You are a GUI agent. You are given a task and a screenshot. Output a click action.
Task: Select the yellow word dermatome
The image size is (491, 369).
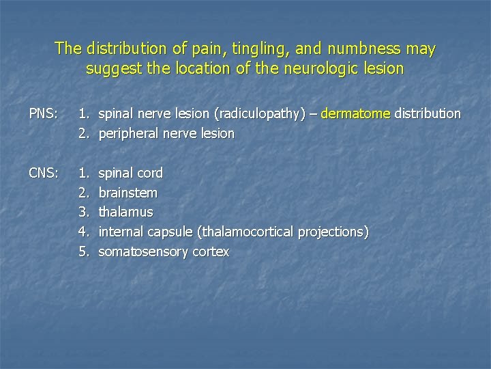[355, 113]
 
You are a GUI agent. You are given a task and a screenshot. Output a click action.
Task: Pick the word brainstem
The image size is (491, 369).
[128, 193]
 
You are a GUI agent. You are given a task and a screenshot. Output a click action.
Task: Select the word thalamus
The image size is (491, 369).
[126, 213]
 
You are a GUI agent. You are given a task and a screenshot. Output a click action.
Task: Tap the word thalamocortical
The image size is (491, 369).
[248, 232]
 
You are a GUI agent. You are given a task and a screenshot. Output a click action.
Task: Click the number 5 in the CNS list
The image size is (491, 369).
[83, 252]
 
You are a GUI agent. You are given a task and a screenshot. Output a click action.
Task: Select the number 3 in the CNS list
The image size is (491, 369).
[83, 213]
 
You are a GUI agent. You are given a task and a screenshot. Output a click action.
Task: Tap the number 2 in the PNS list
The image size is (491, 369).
[83, 133]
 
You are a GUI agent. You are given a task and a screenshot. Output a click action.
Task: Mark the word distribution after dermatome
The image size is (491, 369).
[427, 113]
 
